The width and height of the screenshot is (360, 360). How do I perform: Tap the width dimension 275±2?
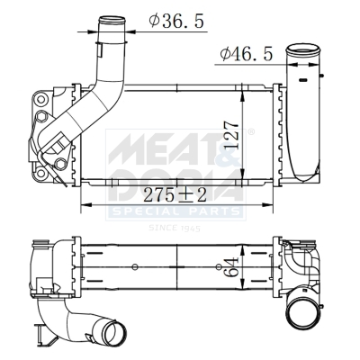[x=174, y=193]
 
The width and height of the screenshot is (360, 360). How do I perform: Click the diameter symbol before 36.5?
[x=155, y=19]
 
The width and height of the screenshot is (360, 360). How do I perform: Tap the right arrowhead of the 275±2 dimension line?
[x=274, y=202]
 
